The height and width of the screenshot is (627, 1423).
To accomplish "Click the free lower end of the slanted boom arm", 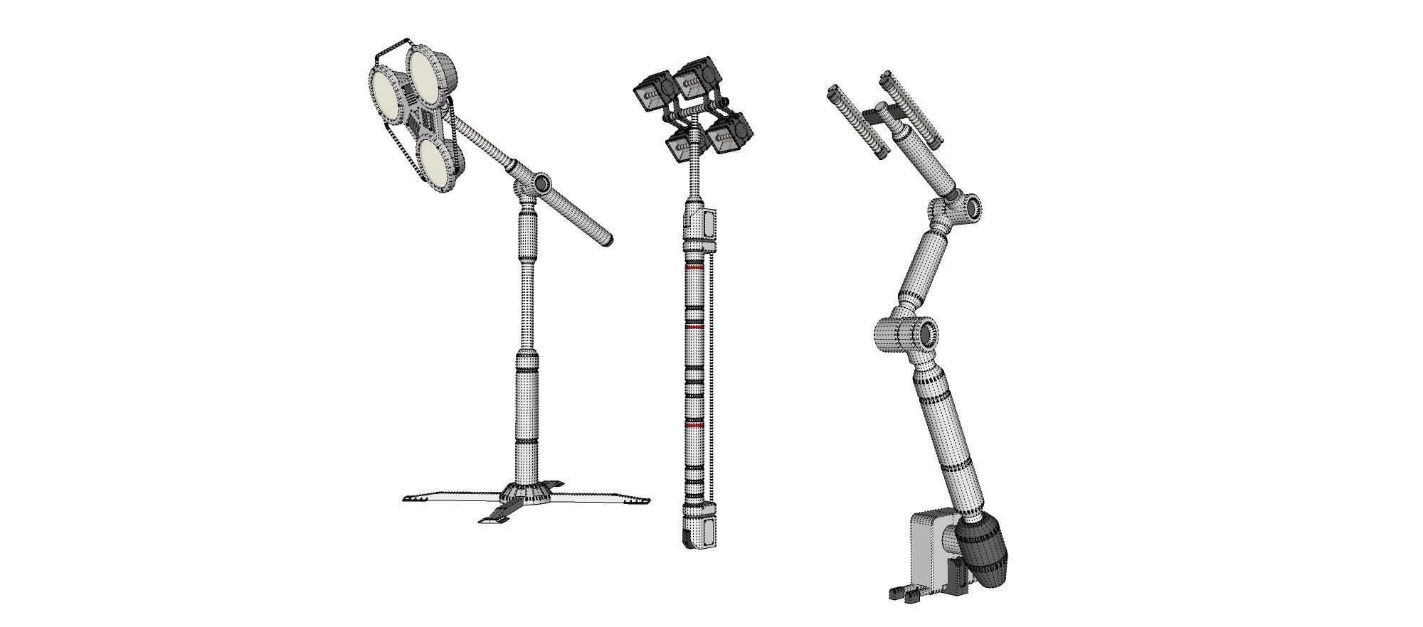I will point(605,238).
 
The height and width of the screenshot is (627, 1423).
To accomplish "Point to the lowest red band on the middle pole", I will point(693,424).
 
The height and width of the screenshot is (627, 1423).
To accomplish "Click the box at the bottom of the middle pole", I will point(701,530).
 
